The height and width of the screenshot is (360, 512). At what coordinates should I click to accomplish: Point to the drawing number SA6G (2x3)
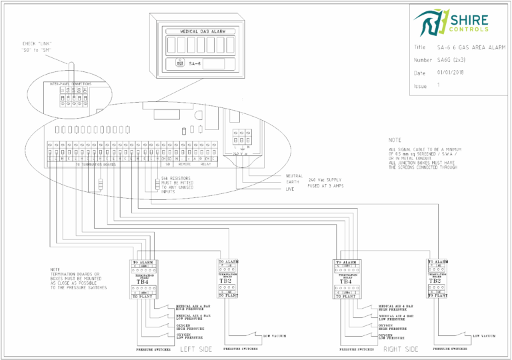(x=453, y=60)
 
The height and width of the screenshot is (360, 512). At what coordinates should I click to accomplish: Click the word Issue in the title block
(x=420, y=86)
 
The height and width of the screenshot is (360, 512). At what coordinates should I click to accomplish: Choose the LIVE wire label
(x=291, y=189)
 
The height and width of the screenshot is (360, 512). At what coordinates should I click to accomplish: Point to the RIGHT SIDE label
(x=401, y=349)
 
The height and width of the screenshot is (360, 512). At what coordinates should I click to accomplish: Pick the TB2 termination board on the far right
(x=434, y=281)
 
